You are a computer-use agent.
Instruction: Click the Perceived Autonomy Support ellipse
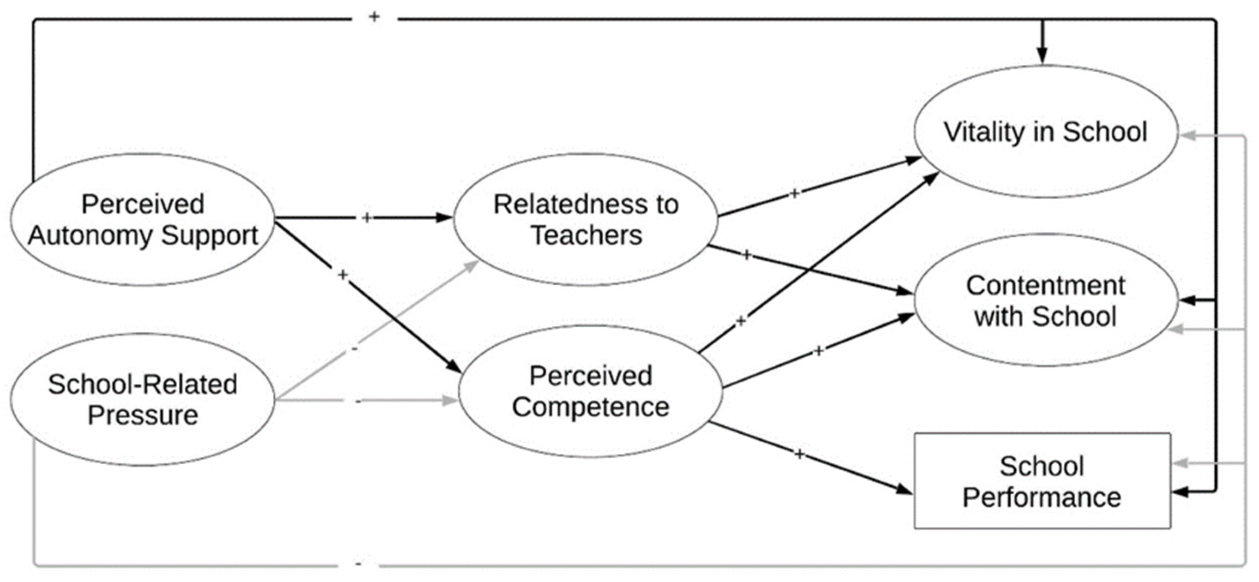(x=142, y=219)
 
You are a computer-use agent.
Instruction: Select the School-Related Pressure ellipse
(x=142, y=400)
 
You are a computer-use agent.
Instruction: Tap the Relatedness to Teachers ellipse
(x=586, y=219)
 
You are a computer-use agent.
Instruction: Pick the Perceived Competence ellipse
(x=590, y=391)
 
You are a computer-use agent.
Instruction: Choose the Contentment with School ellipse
(x=1045, y=300)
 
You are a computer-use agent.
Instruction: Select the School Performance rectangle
(x=1042, y=481)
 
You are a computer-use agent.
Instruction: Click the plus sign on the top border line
(x=374, y=17)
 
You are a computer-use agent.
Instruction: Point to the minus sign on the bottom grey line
(x=358, y=565)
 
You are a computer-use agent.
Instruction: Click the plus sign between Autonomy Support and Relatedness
(x=367, y=218)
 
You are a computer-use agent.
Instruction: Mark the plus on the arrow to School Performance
(x=798, y=455)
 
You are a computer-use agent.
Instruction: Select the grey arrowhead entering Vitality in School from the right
(x=1187, y=135)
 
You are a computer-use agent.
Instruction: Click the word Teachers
(x=586, y=235)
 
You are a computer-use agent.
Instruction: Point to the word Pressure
(x=142, y=415)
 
